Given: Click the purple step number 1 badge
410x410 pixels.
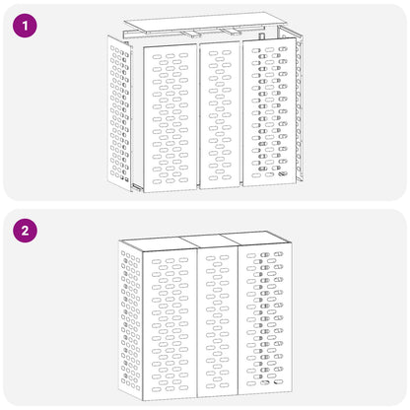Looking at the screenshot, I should [24, 24].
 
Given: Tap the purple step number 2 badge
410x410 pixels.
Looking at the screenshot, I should [24, 233].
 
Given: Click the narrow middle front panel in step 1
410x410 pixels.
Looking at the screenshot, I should [219, 116].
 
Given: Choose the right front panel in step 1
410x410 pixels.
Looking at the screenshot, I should [267, 116].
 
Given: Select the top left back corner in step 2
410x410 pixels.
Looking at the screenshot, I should [119, 240].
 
